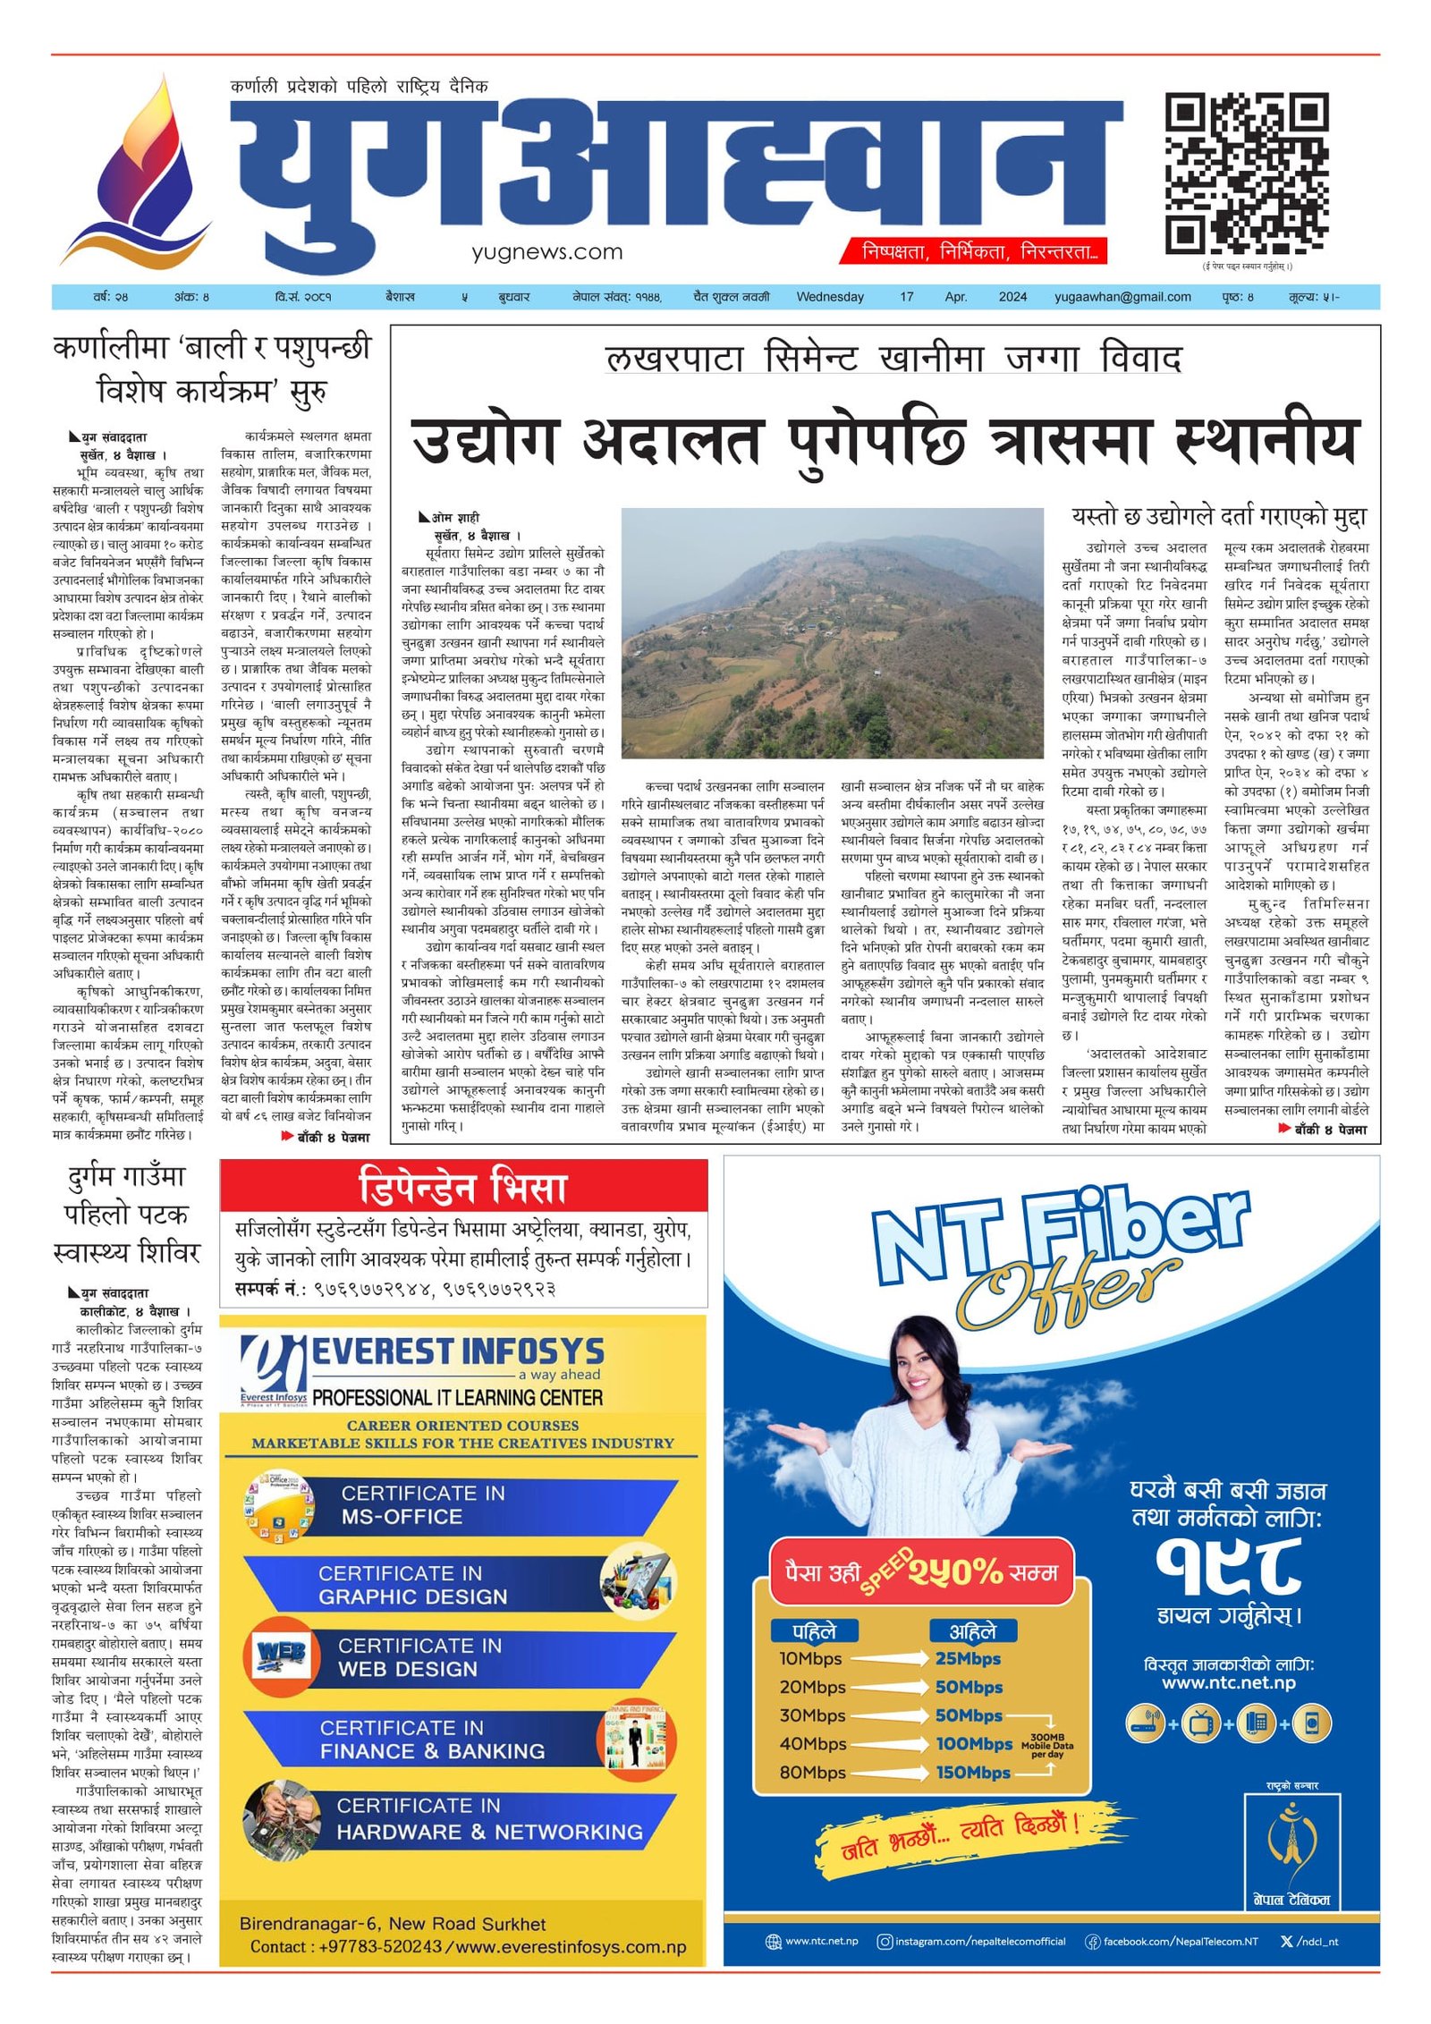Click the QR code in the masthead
coord(1246,174)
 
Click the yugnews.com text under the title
coord(547,252)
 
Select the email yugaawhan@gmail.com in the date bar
coord(1122,297)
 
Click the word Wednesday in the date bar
coord(830,297)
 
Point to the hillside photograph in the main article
coord(832,633)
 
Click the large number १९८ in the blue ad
coord(1228,1567)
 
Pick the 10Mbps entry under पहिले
coord(810,1659)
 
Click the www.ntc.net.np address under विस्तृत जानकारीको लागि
coord(1228,1683)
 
